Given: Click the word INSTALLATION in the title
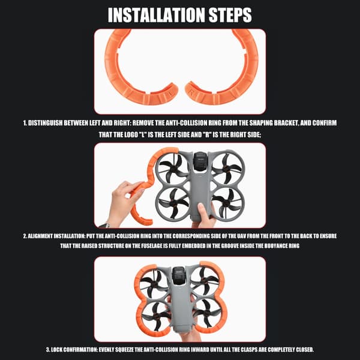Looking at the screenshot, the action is (x=157, y=15).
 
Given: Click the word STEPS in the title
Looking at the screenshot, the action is (x=230, y=15).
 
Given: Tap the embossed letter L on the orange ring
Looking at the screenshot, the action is (x=170, y=94).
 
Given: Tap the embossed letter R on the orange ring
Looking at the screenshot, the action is (x=191, y=92).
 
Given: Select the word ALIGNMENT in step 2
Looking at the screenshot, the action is (x=41, y=236).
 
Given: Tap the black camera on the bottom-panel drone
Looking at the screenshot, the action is (x=179, y=275).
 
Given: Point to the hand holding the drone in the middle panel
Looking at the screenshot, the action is (x=205, y=215).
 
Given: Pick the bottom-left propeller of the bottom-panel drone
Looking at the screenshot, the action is (x=155, y=315).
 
